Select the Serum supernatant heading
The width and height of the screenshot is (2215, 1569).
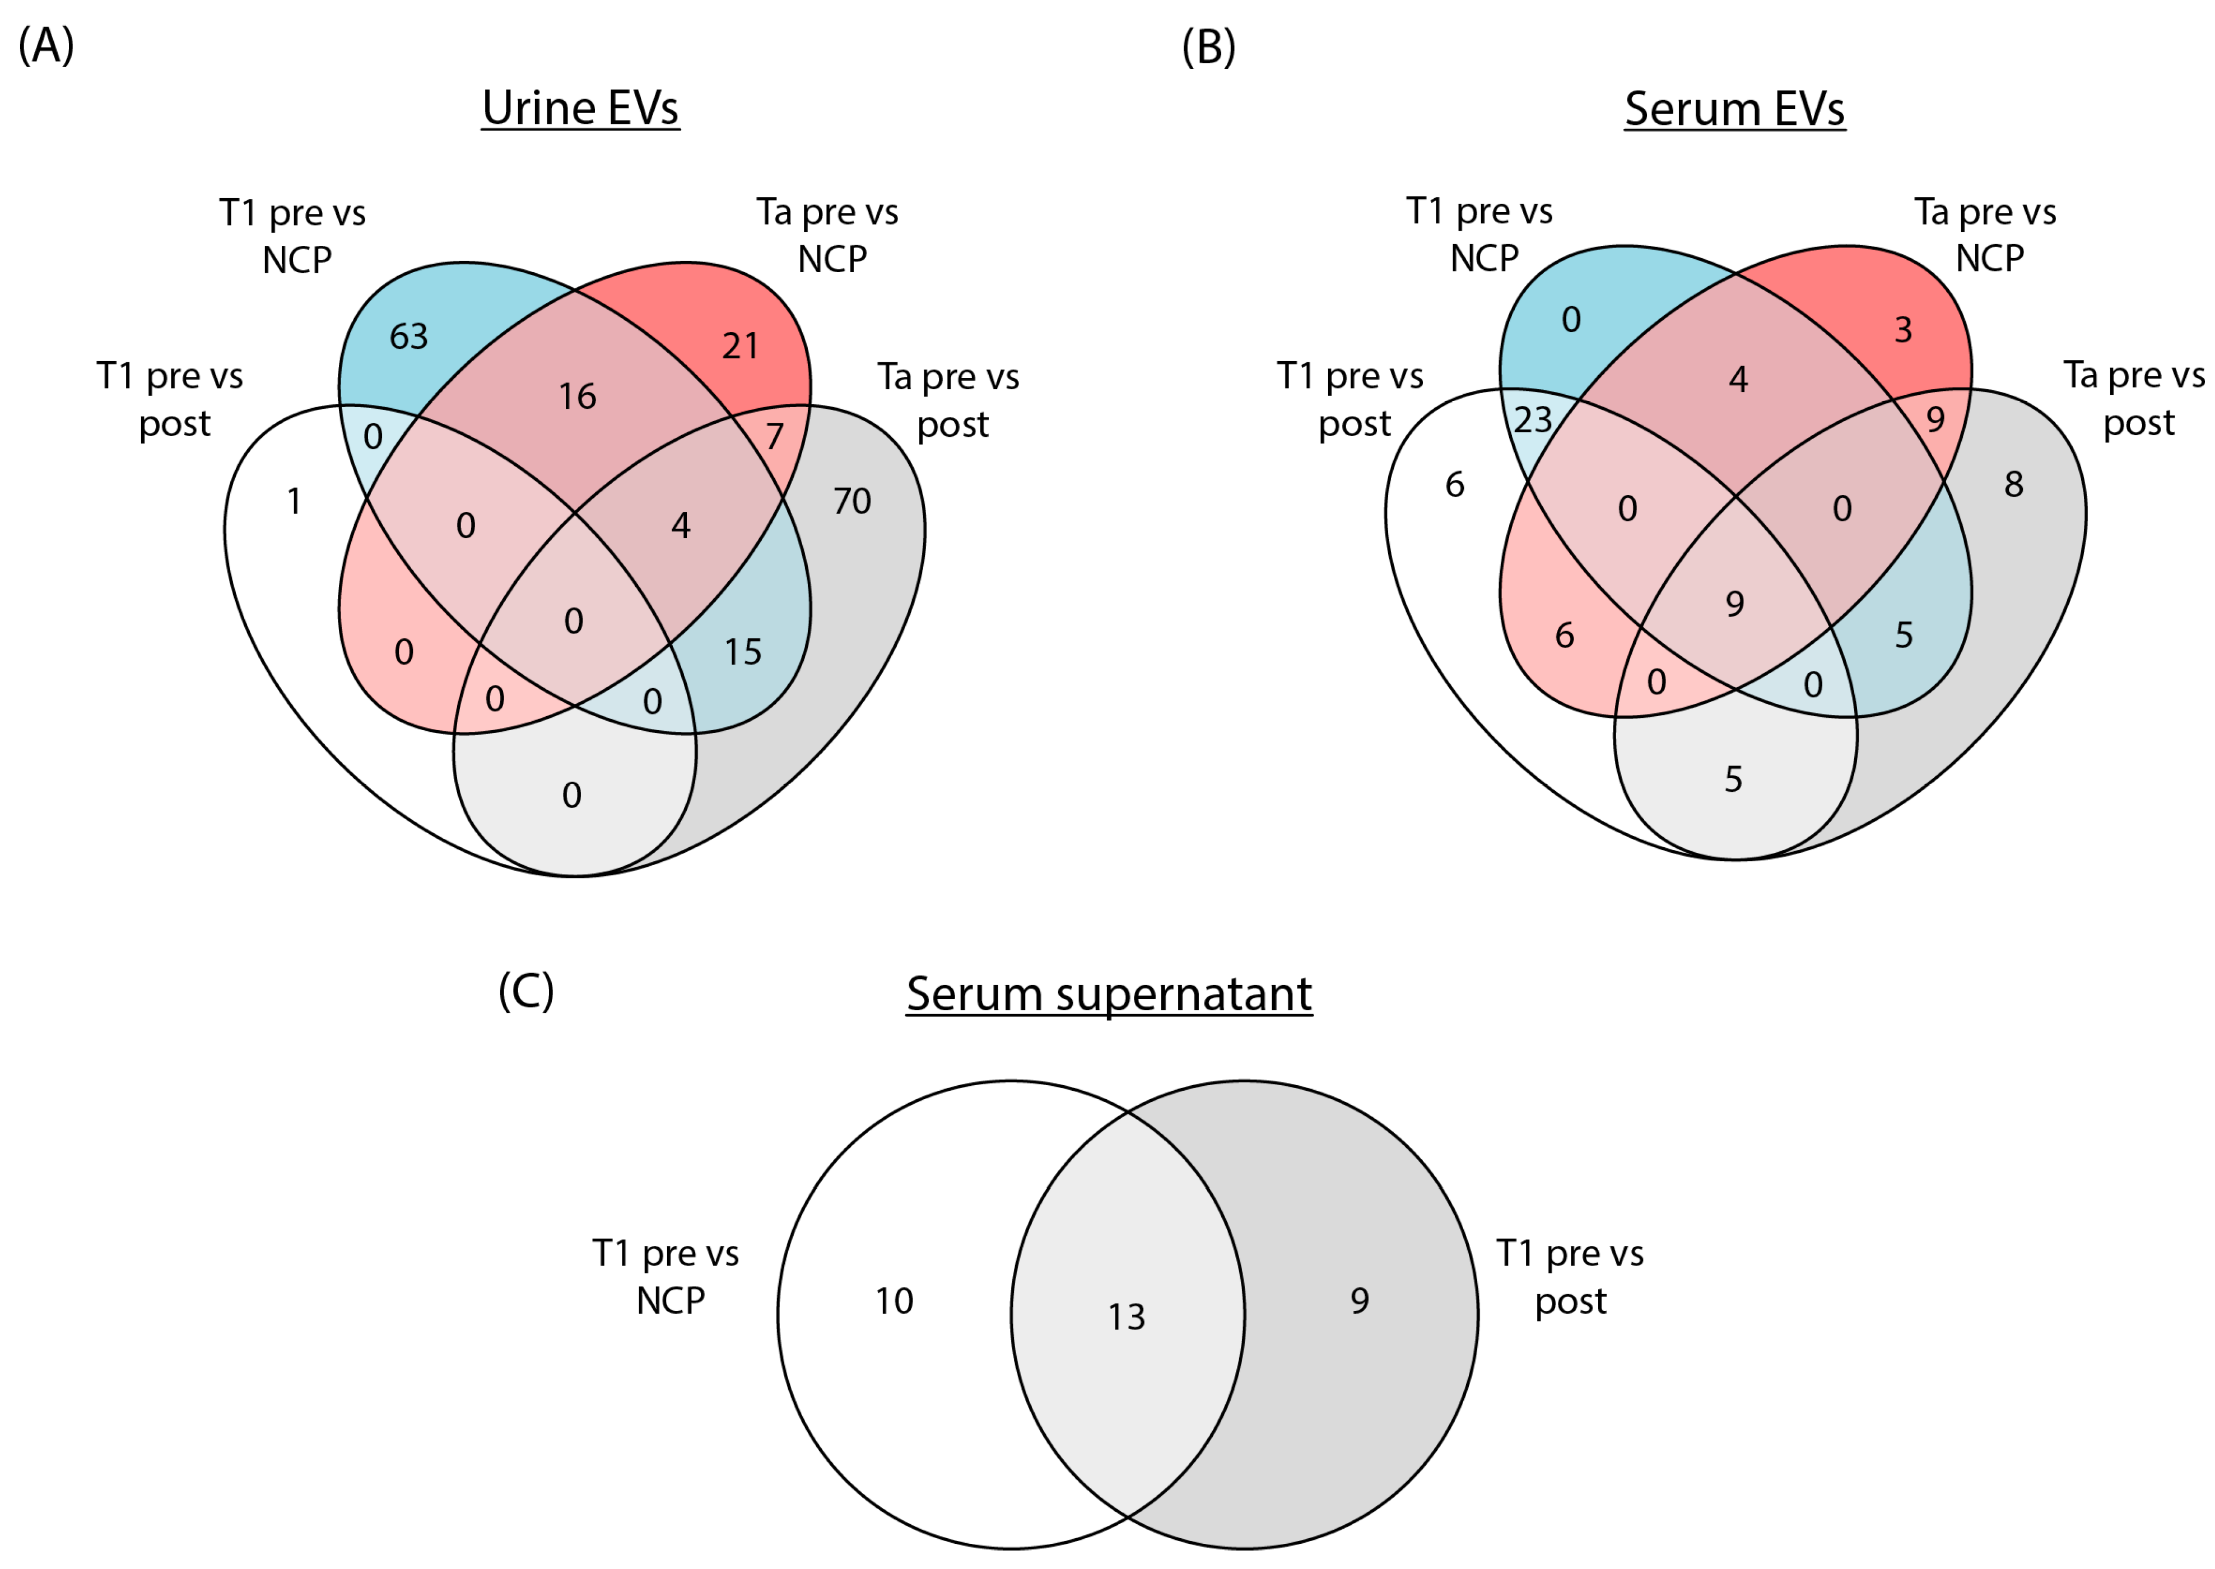coord(1109,994)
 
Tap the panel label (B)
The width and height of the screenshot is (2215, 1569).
coord(1208,46)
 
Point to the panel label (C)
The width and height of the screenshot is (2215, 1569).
coord(525,991)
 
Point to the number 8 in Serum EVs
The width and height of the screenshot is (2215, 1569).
coord(2013,484)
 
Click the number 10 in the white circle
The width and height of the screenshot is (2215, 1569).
coord(894,1301)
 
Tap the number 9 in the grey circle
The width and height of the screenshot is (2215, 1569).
coord(1360,1301)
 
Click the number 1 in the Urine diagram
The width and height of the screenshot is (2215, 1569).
coord(294,501)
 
